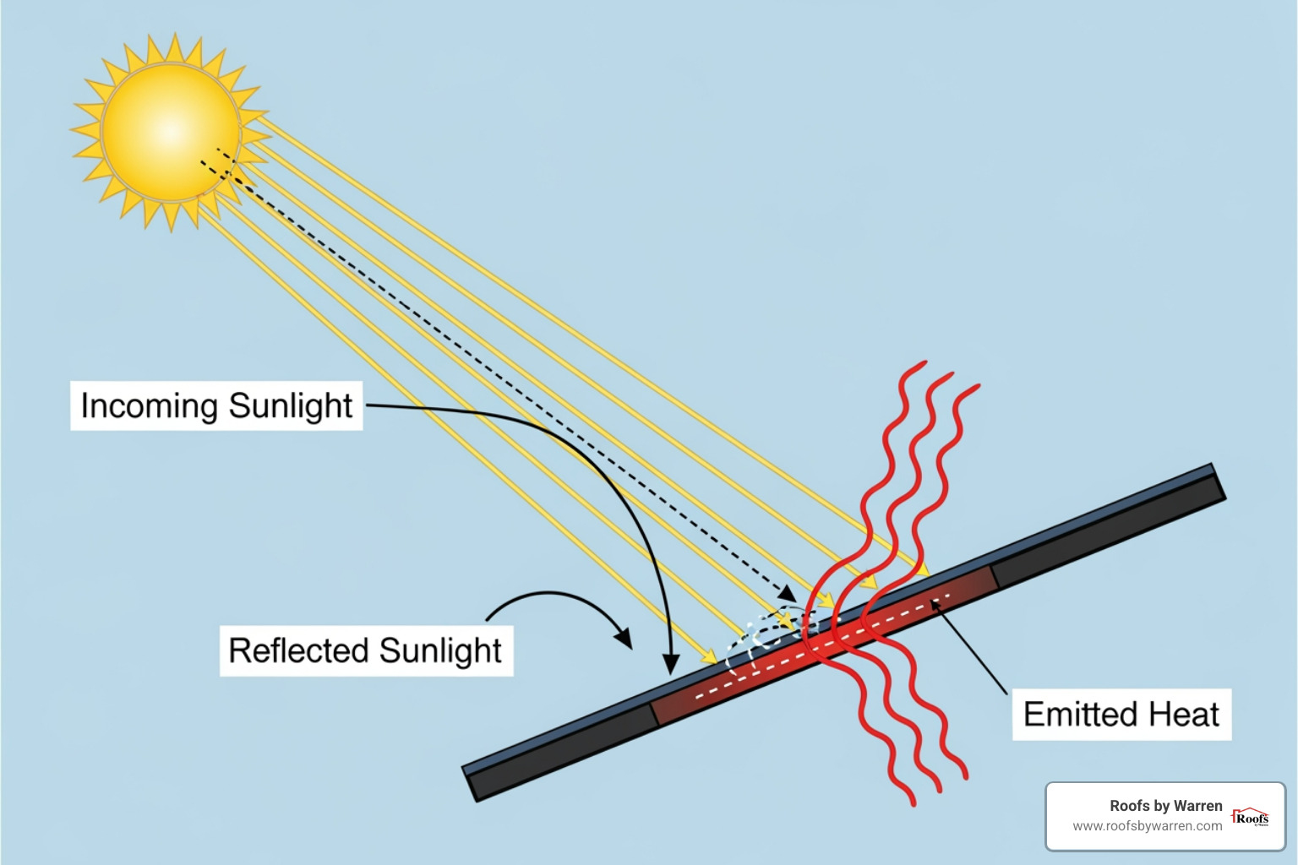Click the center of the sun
[x=171, y=132]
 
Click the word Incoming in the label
[x=149, y=406]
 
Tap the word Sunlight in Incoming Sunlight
[x=291, y=406]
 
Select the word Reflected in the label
[x=298, y=651]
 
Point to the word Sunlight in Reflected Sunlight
[x=440, y=651]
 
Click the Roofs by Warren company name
[x=1165, y=806]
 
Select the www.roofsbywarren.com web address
[x=1147, y=826]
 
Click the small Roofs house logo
[x=1251, y=817]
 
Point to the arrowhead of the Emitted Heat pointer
[x=935, y=603]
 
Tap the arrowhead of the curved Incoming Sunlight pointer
[x=671, y=666]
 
